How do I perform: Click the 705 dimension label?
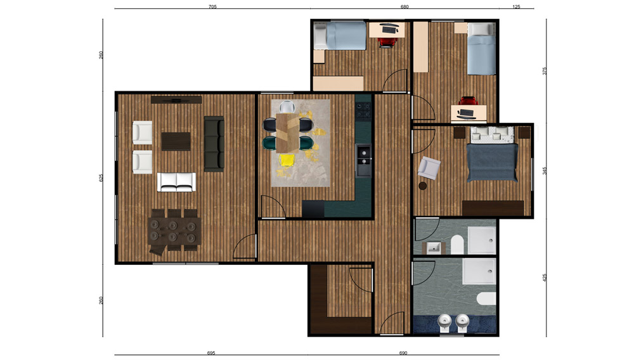pyautogui.click(x=212, y=6)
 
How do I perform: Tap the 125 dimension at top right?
pyautogui.click(x=516, y=6)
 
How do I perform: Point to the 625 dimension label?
pyautogui.click(x=101, y=177)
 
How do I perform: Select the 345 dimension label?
pyautogui.click(x=544, y=170)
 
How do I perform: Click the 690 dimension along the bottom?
pyautogui.click(x=403, y=353)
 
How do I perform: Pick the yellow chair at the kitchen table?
pyautogui.click(x=287, y=160)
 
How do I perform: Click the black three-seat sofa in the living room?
pyautogui.click(x=214, y=144)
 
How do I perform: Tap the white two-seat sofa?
pyautogui.click(x=176, y=183)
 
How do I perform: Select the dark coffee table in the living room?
pyautogui.click(x=176, y=141)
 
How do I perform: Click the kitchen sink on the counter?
pyautogui.click(x=363, y=160)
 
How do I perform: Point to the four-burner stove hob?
pyautogui.click(x=363, y=110)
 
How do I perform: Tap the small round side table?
pyautogui.click(x=422, y=186)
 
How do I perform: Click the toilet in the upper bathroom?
pyautogui.click(x=457, y=245)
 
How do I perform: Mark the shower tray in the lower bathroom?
pyautogui.click(x=479, y=271)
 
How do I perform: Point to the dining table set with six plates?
pyautogui.click(x=174, y=231)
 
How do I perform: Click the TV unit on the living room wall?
pyautogui.click(x=176, y=100)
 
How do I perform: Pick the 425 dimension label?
pyautogui.click(x=544, y=278)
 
